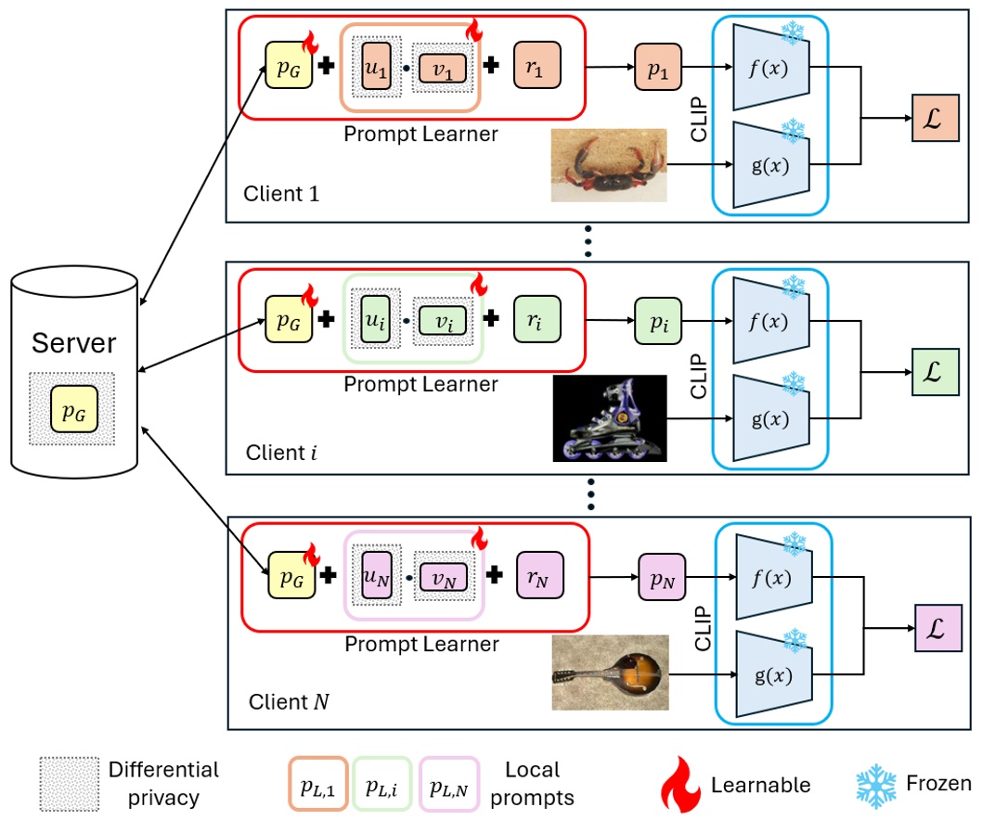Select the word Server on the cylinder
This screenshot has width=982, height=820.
pyautogui.click(x=73, y=343)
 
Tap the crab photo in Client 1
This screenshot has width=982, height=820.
pyautogui.click(x=608, y=165)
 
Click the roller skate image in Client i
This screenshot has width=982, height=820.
pyautogui.click(x=609, y=418)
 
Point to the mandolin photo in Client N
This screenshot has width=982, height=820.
pyautogui.click(x=609, y=673)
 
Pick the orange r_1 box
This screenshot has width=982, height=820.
pyautogui.click(x=537, y=66)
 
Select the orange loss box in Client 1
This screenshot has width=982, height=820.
pyautogui.click(x=931, y=118)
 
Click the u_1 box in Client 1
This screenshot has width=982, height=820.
pyautogui.click(x=376, y=66)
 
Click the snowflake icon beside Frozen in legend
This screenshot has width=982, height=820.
pyautogui.click(x=875, y=785)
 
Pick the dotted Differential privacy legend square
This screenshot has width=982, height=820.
pyautogui.click(x=69, y=785)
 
